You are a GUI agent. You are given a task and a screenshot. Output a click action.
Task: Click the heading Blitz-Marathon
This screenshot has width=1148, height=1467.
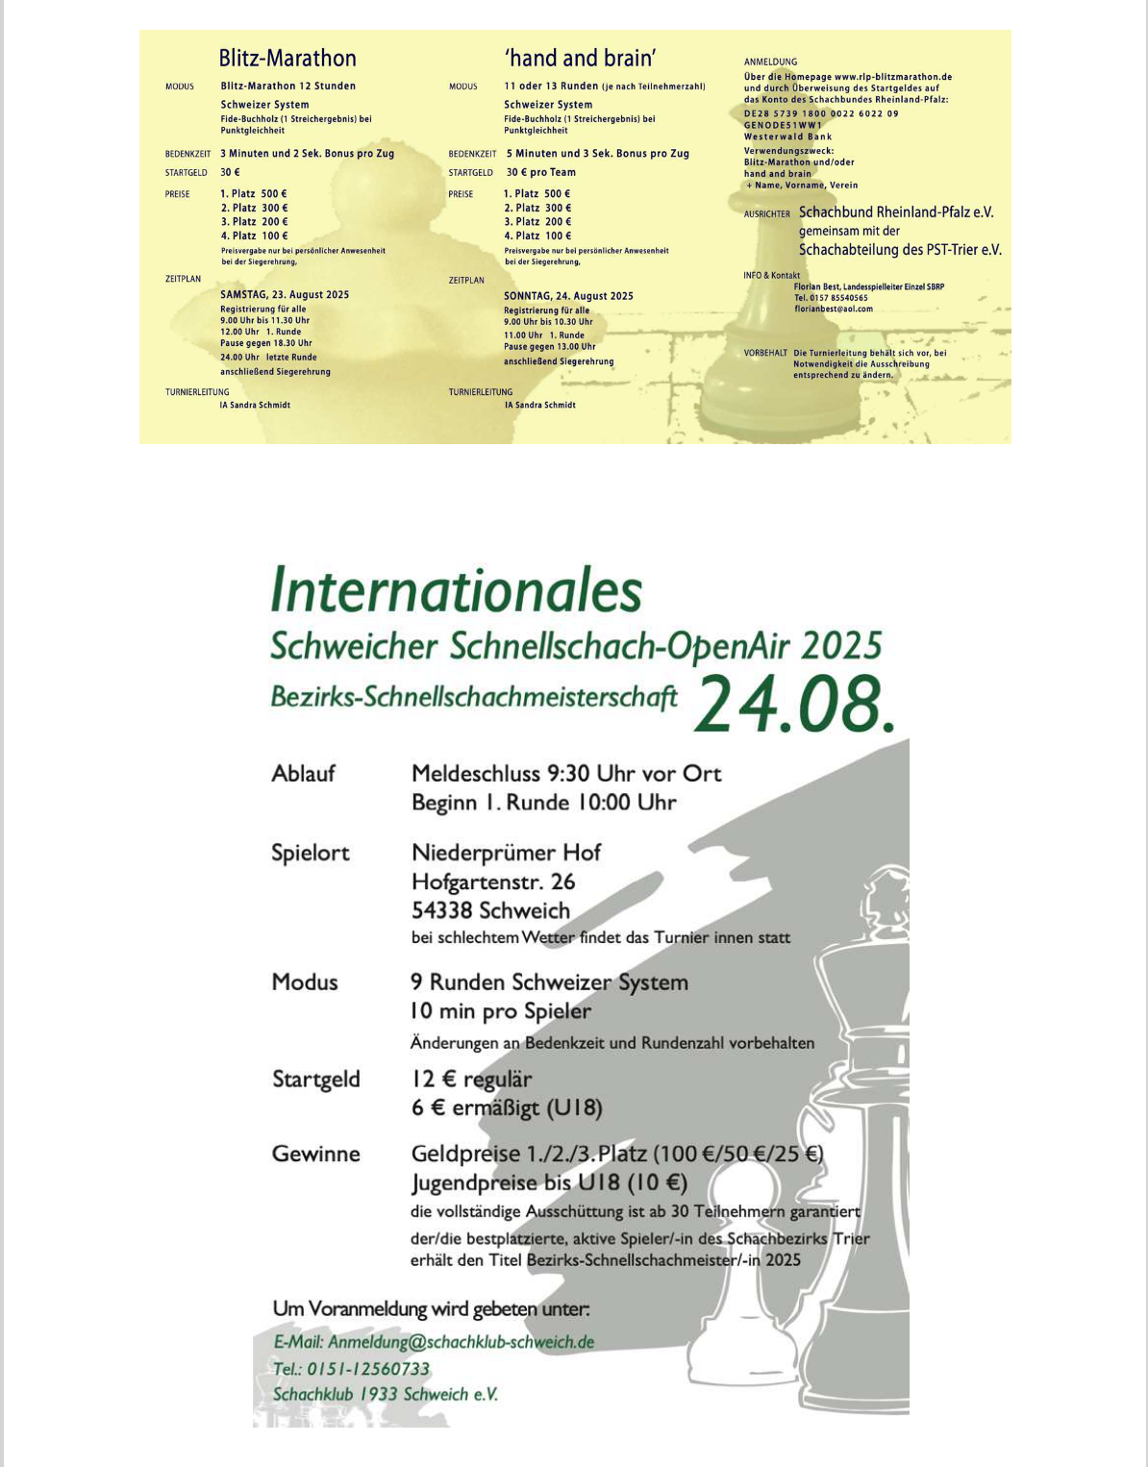pos(287,58)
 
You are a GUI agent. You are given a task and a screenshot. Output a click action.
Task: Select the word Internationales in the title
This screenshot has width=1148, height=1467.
pos(456,590)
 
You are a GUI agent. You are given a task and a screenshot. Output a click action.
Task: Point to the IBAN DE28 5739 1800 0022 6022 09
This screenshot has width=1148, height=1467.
pos(821,113)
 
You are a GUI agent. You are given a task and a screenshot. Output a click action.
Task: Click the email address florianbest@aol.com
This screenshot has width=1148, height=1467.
pos(834,309)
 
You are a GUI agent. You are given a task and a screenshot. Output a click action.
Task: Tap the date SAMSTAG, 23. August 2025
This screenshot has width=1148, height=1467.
pos(285,295)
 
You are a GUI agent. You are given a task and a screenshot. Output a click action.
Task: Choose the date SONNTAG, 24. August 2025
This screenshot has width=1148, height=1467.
pos(568,296)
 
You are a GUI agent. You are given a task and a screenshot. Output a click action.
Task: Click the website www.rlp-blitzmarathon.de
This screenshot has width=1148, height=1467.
pos(893,77)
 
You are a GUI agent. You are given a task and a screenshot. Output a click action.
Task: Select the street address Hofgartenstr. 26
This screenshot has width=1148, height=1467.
pos(493,882)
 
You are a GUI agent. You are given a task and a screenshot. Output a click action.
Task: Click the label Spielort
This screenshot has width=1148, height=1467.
pos(311,853)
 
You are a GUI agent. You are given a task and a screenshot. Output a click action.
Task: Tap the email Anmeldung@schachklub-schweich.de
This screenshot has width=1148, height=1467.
pos(461,1342)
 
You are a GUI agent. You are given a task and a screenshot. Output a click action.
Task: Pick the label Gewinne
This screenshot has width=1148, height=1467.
pos(315,1154)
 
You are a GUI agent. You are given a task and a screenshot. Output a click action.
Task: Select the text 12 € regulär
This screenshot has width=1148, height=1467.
pos(471,1080)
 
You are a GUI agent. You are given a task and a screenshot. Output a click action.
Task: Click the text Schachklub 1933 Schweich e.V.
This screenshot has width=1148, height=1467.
pos(386,1394)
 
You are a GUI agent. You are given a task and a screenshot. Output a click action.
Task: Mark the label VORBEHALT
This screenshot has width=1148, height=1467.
pos(765,353)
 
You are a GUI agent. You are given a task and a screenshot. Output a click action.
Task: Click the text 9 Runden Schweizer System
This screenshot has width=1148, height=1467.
pos(549,982)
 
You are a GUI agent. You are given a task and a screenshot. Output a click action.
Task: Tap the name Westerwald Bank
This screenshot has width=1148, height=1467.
pos(787,137)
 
